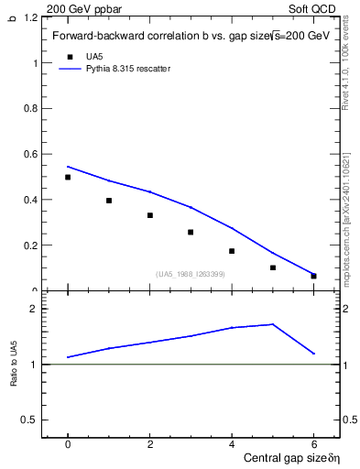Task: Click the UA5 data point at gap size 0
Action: (x=68, y=177)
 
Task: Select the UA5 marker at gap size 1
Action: (x=109, y=200)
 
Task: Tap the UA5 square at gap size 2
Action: (x=149, y=215)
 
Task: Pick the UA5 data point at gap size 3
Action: (x=191, y=232)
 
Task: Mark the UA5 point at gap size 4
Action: (x=232, y=251)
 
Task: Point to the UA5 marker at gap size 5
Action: (x=273, y=267)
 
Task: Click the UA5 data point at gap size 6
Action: (x=313, y=276)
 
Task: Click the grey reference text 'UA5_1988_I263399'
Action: (x=191, y=274)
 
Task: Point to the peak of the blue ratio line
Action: (x=273, y=324)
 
